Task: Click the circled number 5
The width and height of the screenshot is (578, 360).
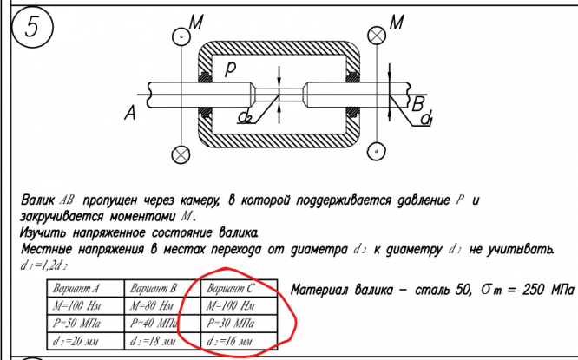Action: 30,29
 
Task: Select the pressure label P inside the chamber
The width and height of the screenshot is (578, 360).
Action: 230,73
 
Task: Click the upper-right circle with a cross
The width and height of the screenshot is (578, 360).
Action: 376,36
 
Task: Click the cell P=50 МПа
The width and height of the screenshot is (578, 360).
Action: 76,324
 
